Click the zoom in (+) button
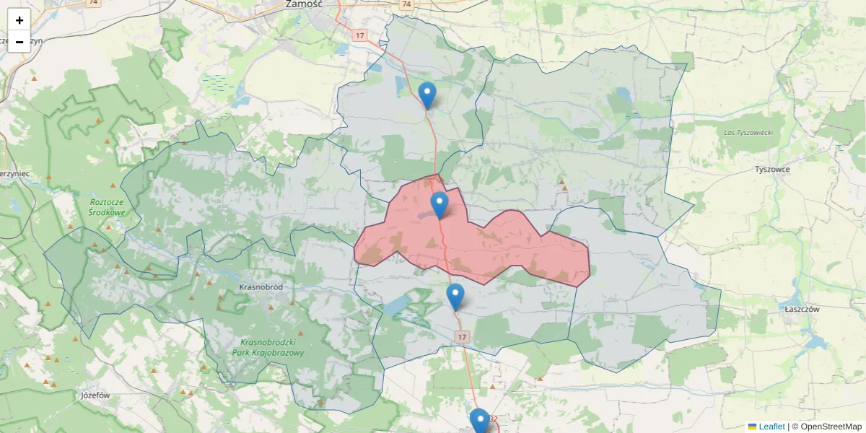coord(19,20)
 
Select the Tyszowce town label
coord(772,169)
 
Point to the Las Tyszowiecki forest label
coord(748,133)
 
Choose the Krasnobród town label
coord(261,287)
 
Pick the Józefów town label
coord(95,395)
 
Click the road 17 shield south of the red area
coord(463,337)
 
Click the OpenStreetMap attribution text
coord(826,427)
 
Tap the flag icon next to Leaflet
coord(752,427)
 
